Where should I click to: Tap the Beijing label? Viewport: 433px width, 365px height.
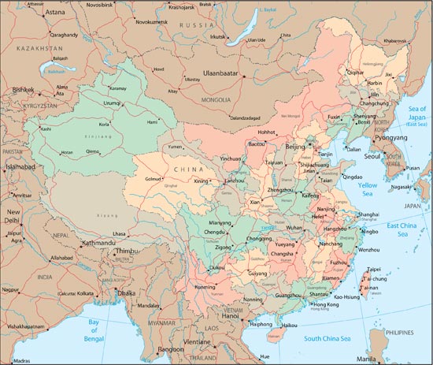(x=294, y=147)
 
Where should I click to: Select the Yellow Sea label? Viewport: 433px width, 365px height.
(x=368, y=188)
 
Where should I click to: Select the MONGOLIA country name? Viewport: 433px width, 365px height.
(x=216, y=100)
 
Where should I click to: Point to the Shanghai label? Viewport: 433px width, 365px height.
(x=370, y=214)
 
